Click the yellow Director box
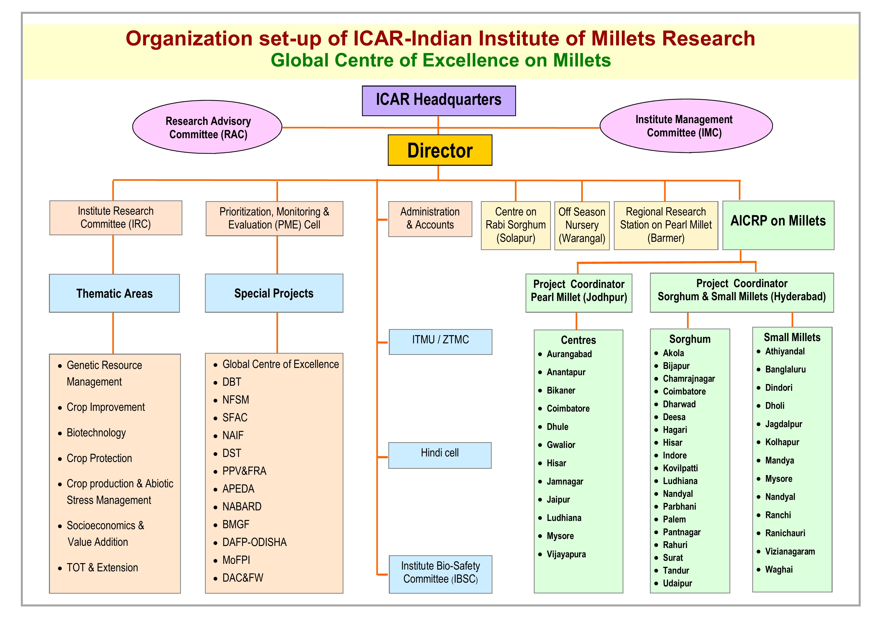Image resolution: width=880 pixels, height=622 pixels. [x=439, y=150]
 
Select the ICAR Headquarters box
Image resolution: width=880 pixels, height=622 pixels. [x=438, y=100]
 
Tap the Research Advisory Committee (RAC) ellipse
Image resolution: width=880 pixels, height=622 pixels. [x=208, y=127]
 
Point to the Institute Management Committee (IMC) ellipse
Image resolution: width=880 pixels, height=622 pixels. [x=685, y=126]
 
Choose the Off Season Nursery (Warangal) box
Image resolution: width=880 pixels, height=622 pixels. [x=581, y=225]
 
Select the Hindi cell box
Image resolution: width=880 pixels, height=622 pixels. [x=439, y=455]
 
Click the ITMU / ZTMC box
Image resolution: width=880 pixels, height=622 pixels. [x=440, y=341]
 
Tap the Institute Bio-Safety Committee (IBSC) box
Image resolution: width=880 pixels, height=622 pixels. [x=440, y=574]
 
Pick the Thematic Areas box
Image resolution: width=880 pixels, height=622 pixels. [x=114, y=293]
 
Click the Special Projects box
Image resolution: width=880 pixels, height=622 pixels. [x=274, y=293]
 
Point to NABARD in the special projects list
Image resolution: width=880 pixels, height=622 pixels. [x=242, y=507]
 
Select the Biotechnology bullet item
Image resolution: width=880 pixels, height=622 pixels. [x=96, y=433]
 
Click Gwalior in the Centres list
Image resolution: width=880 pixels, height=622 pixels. [x=561, y=445]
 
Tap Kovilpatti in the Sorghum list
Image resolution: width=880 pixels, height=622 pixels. [x=680, y=468]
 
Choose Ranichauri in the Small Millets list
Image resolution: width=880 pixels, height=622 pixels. [x=785, y=533]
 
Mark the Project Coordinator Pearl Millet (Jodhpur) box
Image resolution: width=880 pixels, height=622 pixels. [x=578, y=293]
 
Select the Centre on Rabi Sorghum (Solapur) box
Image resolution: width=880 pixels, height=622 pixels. [x=516, y=225]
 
